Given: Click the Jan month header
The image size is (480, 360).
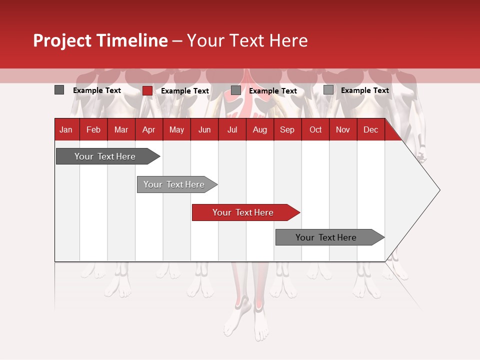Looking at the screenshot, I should tap(66, 129).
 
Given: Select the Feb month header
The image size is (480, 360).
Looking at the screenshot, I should tap(93, 129).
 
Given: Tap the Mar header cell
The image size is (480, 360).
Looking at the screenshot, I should tap(121, 129).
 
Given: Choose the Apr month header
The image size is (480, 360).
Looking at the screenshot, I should tap(148, 129).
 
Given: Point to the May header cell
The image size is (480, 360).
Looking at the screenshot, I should tap(176, 129).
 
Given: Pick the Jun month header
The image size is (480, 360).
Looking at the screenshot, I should tap(204, 129).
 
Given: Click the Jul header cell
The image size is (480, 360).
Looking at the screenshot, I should tap(232, 129).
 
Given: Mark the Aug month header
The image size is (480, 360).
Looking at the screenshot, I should tap(260, 129).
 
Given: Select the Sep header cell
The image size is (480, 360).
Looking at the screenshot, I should tap(287, 129).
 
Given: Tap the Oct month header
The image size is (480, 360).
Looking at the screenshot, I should tap(315, 129).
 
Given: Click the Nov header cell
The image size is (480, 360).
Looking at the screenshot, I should tap(343, 129).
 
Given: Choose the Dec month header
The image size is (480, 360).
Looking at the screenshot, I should tap(371, 129).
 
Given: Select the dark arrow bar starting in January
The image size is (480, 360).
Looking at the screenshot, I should tap(105, 156).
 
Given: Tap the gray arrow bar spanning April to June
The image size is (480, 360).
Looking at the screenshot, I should tap(174, 184).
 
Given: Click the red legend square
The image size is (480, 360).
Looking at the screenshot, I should tap(147, 90).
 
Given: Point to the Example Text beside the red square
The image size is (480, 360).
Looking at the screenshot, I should tap(185, 91).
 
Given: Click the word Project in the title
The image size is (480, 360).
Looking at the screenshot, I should tap(62, 40).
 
